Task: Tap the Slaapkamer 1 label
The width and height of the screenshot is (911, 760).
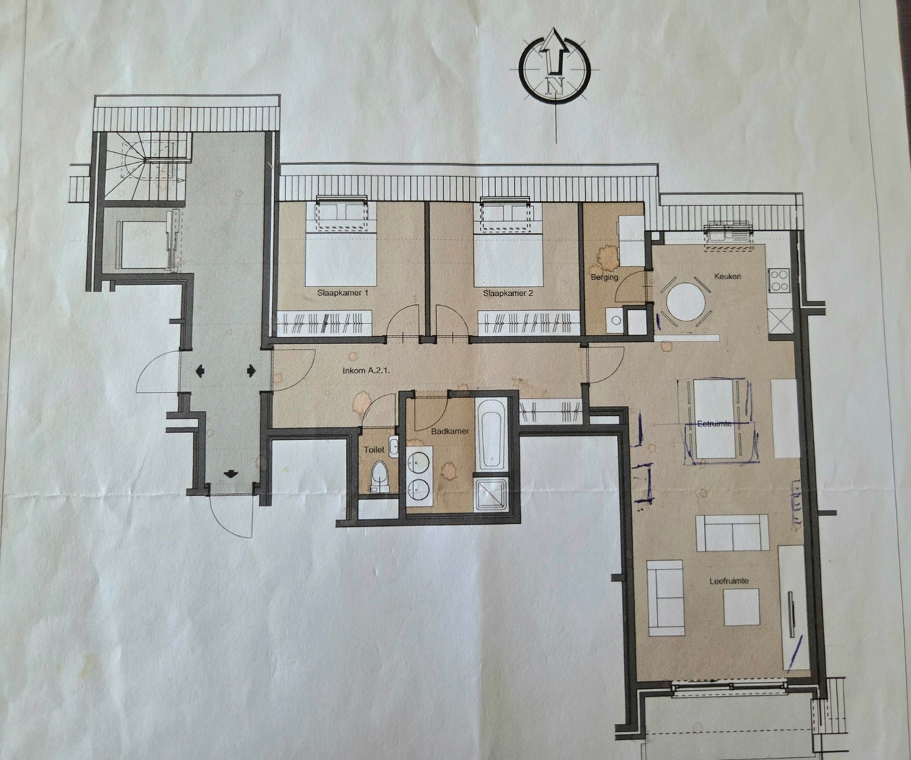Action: [342, 293]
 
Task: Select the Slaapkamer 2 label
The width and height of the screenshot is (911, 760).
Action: [508, 294]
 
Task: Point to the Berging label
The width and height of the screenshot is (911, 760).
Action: [604, 277]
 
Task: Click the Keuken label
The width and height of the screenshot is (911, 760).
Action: [727, 277]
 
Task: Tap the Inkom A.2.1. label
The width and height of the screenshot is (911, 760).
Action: [366, 372]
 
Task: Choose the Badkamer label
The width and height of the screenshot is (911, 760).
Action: [450, 431]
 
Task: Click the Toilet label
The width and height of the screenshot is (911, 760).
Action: [374, 449]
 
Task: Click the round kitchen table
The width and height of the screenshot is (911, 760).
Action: [685, 302]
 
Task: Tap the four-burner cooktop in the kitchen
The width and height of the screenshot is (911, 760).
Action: [779, 280]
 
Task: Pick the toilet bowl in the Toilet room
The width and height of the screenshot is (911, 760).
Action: [378, 477]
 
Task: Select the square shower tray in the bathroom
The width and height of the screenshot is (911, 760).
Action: [492, 495]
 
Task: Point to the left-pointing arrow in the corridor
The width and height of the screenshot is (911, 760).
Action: [201, 371]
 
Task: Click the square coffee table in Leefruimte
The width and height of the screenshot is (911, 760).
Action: [742, 607]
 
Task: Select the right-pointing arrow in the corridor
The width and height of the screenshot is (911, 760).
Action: [251, 371]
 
